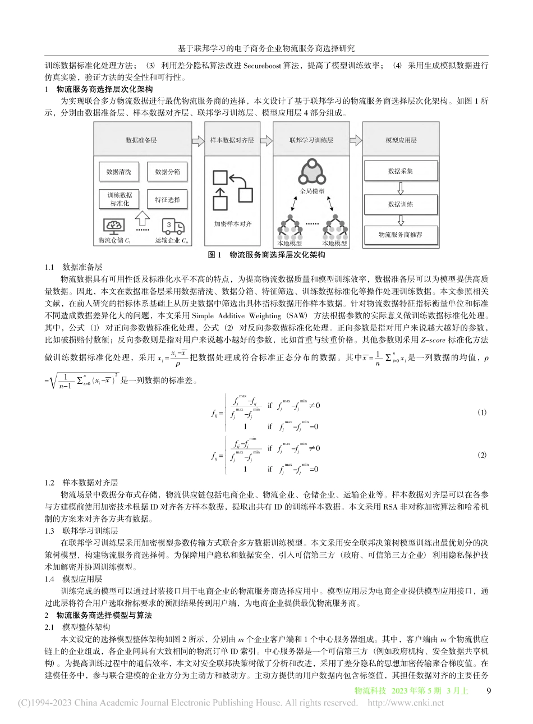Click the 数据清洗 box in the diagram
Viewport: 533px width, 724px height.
[118, 172]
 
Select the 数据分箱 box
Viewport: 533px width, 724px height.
[167, 172]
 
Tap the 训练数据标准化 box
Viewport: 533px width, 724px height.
[118, 199]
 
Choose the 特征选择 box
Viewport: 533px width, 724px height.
[167, 199]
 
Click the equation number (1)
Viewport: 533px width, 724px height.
[481, 413]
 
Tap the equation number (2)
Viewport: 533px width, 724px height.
[481, 454]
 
